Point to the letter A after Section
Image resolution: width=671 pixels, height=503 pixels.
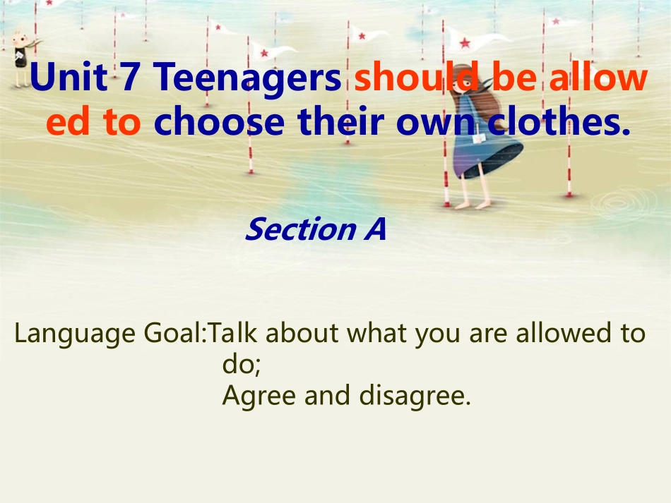tap(375, 229)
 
